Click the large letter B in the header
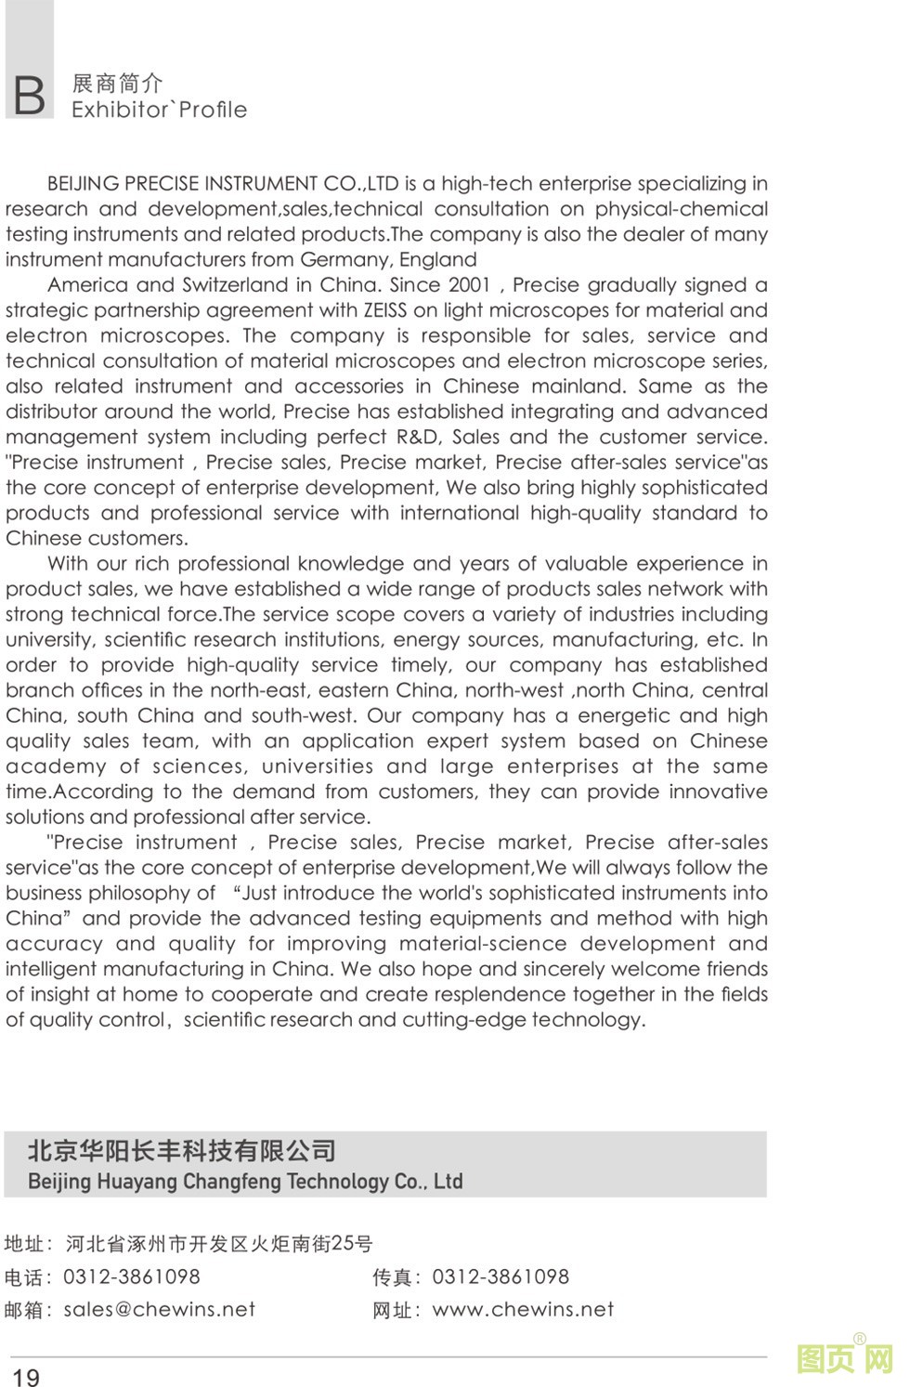(29, 96)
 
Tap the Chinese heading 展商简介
(117, 84)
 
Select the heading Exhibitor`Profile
(159, 110)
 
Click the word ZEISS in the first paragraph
(384, 310)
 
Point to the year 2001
(469, 285)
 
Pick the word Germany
(344, 260)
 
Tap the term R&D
(417, 437)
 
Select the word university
(49, 640)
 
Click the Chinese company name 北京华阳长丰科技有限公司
(182, 1151)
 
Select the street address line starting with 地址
(188, 1244)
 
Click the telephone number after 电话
(131, 1277)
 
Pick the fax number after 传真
(500, 1277)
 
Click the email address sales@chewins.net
(159, 1310)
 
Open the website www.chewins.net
(523, 1310)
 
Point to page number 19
(26, 1377)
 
